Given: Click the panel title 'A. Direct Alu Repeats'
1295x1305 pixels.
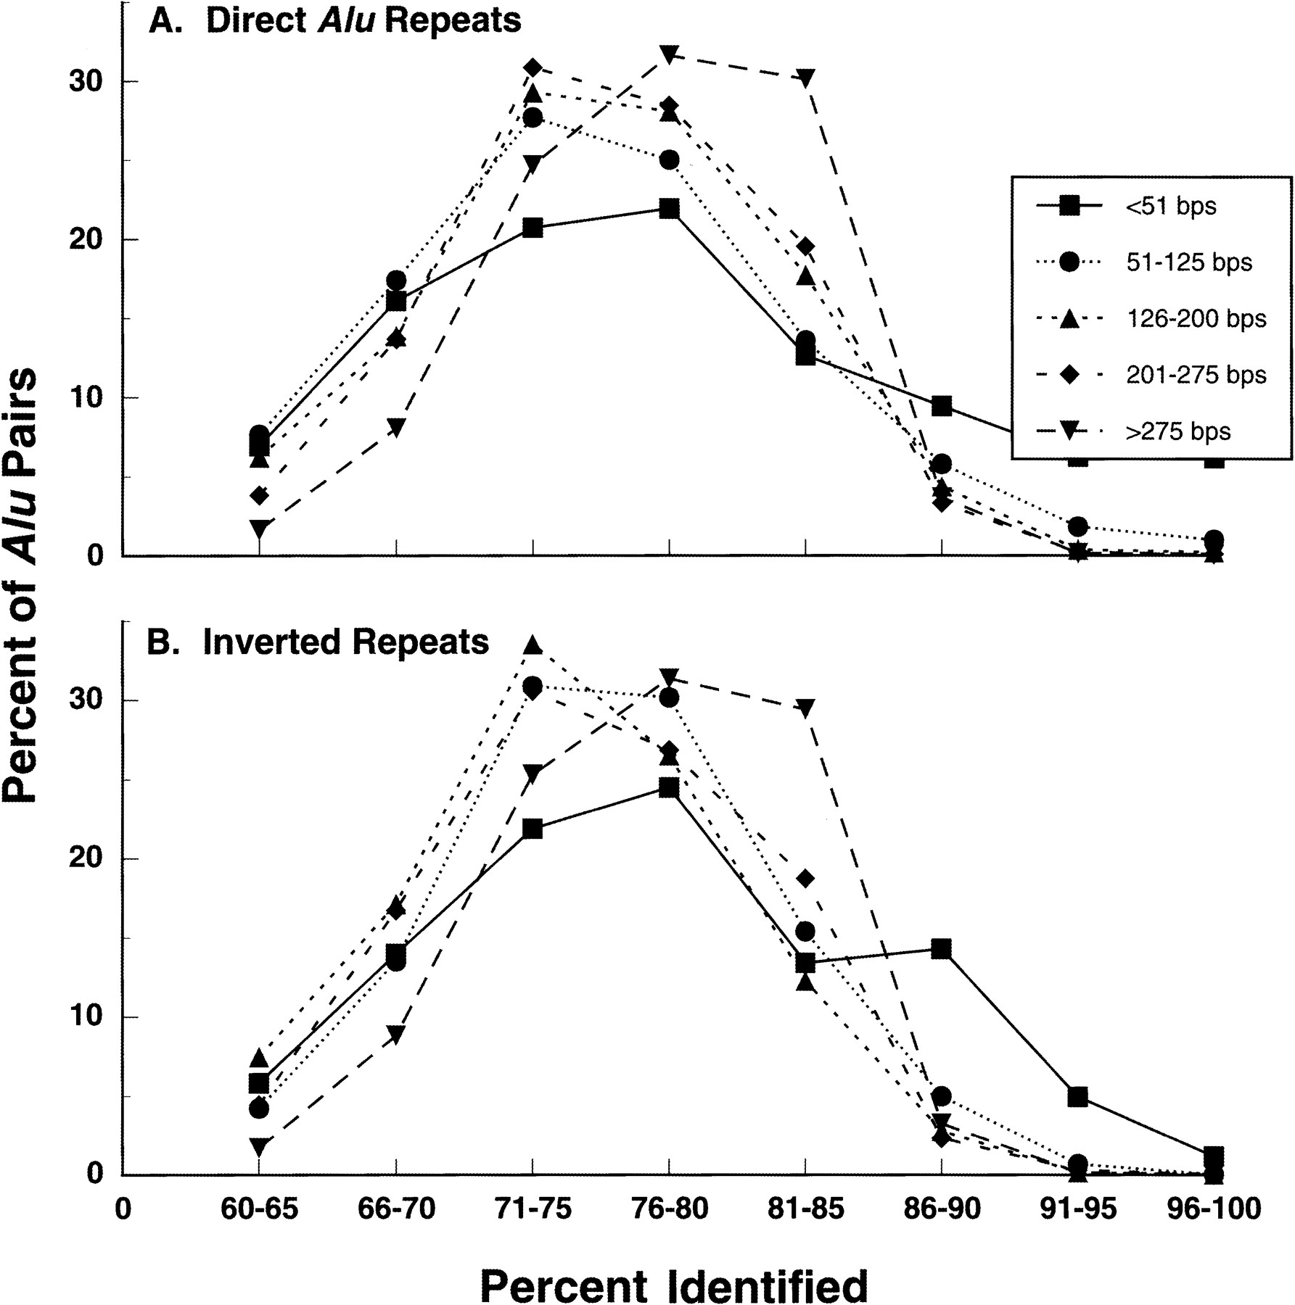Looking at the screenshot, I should click(334, 21).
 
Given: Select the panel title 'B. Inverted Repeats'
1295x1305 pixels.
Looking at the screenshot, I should click(318, 642).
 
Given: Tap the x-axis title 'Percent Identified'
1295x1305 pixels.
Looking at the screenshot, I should click(673, 1282).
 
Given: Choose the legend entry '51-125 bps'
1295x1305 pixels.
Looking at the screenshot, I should click(1188, 262).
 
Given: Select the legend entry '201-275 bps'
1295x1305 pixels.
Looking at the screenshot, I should click(1196, 375).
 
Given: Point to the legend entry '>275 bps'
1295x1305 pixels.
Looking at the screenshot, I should click(1177, 431).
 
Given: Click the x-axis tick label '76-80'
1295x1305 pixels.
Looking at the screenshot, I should click(670, 1209).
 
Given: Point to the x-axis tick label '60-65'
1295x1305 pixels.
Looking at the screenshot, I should click(259, 1209).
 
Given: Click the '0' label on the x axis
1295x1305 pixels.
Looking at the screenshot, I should click(124, 1209).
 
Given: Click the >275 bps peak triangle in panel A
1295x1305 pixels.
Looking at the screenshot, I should click(670, 54).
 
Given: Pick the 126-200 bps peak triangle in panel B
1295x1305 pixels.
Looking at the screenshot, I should click(533, 645).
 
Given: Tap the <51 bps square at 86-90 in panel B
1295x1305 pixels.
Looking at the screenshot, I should click(942, 948).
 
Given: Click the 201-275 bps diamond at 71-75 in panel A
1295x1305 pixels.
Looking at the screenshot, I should click(533, 68).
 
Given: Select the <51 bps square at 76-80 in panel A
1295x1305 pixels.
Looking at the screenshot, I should click(670, 210).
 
